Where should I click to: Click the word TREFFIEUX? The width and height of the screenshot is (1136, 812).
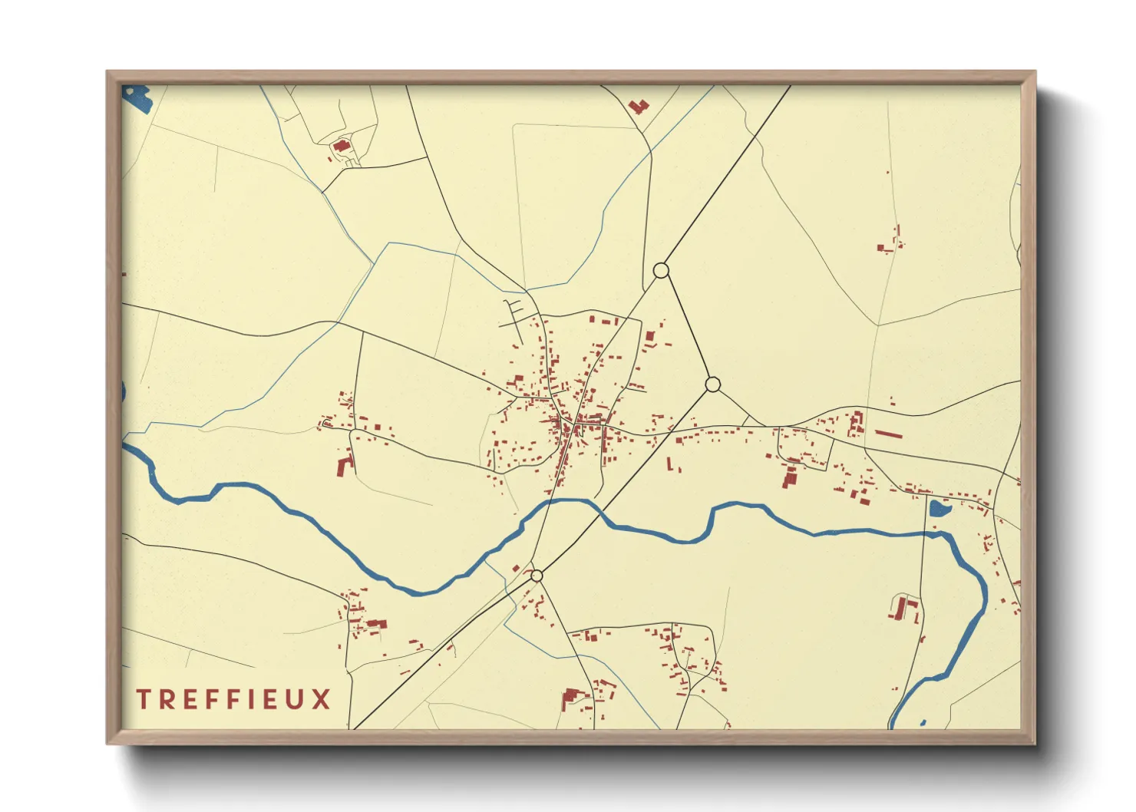click(233, 699)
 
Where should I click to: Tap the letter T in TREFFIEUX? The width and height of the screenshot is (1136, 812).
click(143, 699)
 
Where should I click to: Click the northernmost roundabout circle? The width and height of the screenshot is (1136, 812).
click(661, 270)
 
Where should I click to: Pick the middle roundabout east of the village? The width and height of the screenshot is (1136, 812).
click(712, 385)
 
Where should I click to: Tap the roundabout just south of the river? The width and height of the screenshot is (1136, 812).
click(537, 576)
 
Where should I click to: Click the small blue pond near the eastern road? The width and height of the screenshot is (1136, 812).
click(939, 508)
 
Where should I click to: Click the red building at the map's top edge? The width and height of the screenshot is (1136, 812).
click(638, 106)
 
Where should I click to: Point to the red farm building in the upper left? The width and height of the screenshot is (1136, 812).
click(341, 146)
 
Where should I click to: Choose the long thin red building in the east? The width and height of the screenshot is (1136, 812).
click(888, 434)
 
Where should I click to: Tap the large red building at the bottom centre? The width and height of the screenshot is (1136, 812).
click(570, 698)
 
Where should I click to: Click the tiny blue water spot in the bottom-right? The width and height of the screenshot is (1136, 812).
click(923, 723)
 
